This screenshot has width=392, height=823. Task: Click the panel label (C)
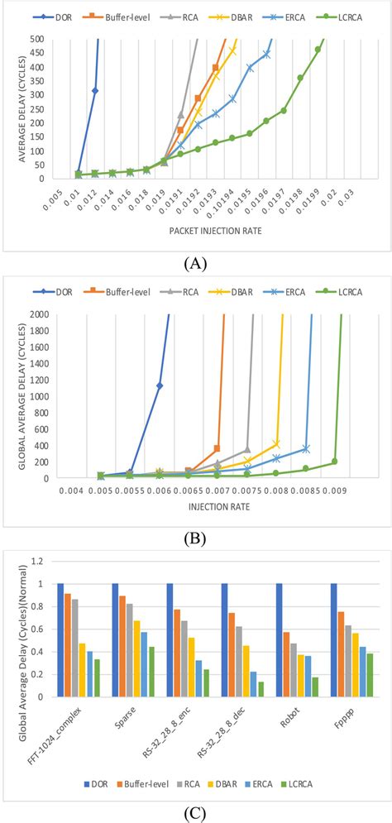tap(196, 810)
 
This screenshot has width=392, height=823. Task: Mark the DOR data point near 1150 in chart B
tap(160, 385)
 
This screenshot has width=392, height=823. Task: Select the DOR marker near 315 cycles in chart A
tap(95, 91)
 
